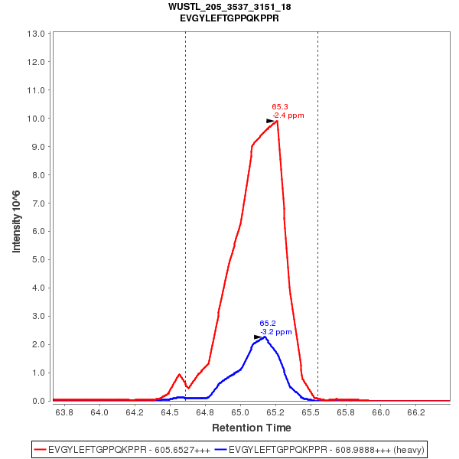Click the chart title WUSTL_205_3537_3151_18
tap(229, 7)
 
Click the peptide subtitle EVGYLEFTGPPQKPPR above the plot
tap(229, 18)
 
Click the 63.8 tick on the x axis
tap(64, 412)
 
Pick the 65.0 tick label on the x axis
tap(240, 412)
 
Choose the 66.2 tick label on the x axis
tap(416, 412)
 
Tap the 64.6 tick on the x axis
tap(182, 412)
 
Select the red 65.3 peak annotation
tap(280, 107)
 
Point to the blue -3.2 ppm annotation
tap(275, 332)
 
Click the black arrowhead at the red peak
tap(271, 121)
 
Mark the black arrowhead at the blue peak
tap(259, 337)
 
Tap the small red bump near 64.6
tap(179, 375)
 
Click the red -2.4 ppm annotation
tap(288, 116)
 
